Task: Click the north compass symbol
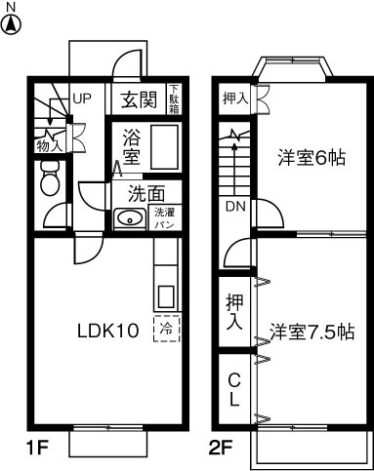(x=12, y=22)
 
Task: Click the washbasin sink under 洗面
(x=128, y=217)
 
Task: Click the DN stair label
(x=235, y=207)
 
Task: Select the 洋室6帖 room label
(x=311, y=156)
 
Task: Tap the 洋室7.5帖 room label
(x=312, y=331)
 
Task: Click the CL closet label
(x=234, y=388)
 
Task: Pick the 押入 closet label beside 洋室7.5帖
(x=234, y=311)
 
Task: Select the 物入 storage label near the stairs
(x=48, y=145)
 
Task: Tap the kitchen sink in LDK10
(x=165, y=296)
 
